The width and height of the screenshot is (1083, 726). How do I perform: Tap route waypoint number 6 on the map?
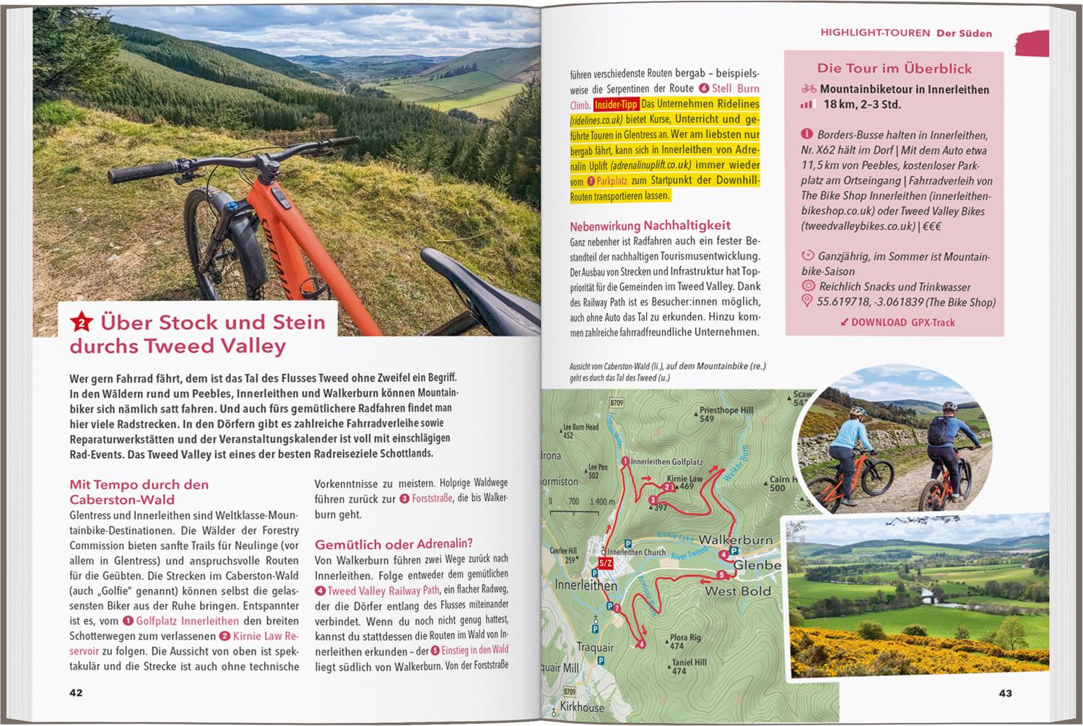click(x=641, y=644)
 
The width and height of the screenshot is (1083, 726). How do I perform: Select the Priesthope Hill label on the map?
click(x=726, y=411)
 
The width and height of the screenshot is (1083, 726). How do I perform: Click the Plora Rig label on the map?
click(x=684, y=638)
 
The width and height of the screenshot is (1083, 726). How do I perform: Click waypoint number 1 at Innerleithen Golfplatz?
click(x=625, y=461)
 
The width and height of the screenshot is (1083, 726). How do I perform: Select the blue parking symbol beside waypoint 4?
click(x=734, y=550)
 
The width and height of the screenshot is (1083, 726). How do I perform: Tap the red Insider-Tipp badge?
click(x=617, y=105)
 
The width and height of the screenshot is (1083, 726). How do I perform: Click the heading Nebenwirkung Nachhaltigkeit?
click(x=650, y=225)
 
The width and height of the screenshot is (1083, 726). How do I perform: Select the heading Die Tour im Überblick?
click(x=894, y=69)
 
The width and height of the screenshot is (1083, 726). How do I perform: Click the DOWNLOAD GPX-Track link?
click(x=897, y=323)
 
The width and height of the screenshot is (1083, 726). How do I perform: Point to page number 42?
click(x=76, y=693)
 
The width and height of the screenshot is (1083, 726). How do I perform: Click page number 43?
click(x=1005, y=693)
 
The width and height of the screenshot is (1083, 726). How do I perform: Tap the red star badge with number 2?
click(x=82, y=322)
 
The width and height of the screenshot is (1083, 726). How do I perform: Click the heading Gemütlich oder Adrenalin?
click(x=393, y=543)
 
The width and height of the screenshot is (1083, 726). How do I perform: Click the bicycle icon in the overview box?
click(x=809, y=89)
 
